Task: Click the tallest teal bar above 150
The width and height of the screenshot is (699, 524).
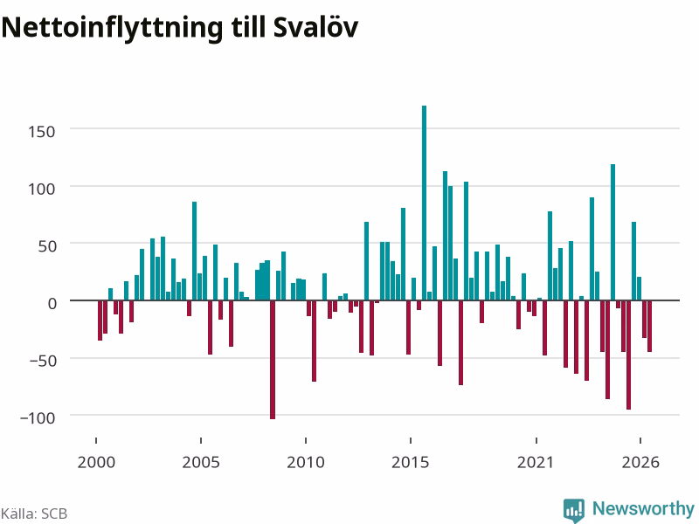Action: [x=424, y=203]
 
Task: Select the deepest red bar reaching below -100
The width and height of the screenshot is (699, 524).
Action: [x=273, y=360]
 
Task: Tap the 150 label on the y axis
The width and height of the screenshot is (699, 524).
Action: [x=41, y=132]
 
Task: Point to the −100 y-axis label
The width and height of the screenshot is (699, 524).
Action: [x=38, y=418]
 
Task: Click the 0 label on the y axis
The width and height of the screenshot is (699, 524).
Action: [x=52, y=303]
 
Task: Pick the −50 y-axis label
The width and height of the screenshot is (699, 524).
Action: [x=43, y=361]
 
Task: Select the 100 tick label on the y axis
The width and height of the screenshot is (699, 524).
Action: [x=41, y=189]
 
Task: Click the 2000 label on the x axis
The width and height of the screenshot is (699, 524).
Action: [x=96, y=462]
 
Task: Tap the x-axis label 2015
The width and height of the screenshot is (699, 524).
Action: [x=410, y=462]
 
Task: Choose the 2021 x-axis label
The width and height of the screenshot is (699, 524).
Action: [x=536, y=462]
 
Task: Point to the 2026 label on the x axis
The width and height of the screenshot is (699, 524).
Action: [x=640, y=462]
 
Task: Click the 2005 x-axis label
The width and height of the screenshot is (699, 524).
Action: [x=201, y=462]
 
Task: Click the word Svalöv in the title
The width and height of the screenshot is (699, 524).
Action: [x=315, y=27]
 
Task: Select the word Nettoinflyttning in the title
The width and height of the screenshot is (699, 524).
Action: [x=112, y=28]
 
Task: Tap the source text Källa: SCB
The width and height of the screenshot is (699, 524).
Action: [x=34, y=514]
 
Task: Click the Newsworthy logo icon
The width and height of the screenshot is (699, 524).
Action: [x=574, y=510]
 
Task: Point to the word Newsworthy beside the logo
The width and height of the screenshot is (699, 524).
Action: [x=643, y=508]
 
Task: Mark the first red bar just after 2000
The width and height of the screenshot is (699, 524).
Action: [x=100, y=321]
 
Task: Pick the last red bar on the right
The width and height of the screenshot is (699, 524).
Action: [x=649, y=326]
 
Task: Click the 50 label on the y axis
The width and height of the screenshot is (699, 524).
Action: [x=47, y=246]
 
